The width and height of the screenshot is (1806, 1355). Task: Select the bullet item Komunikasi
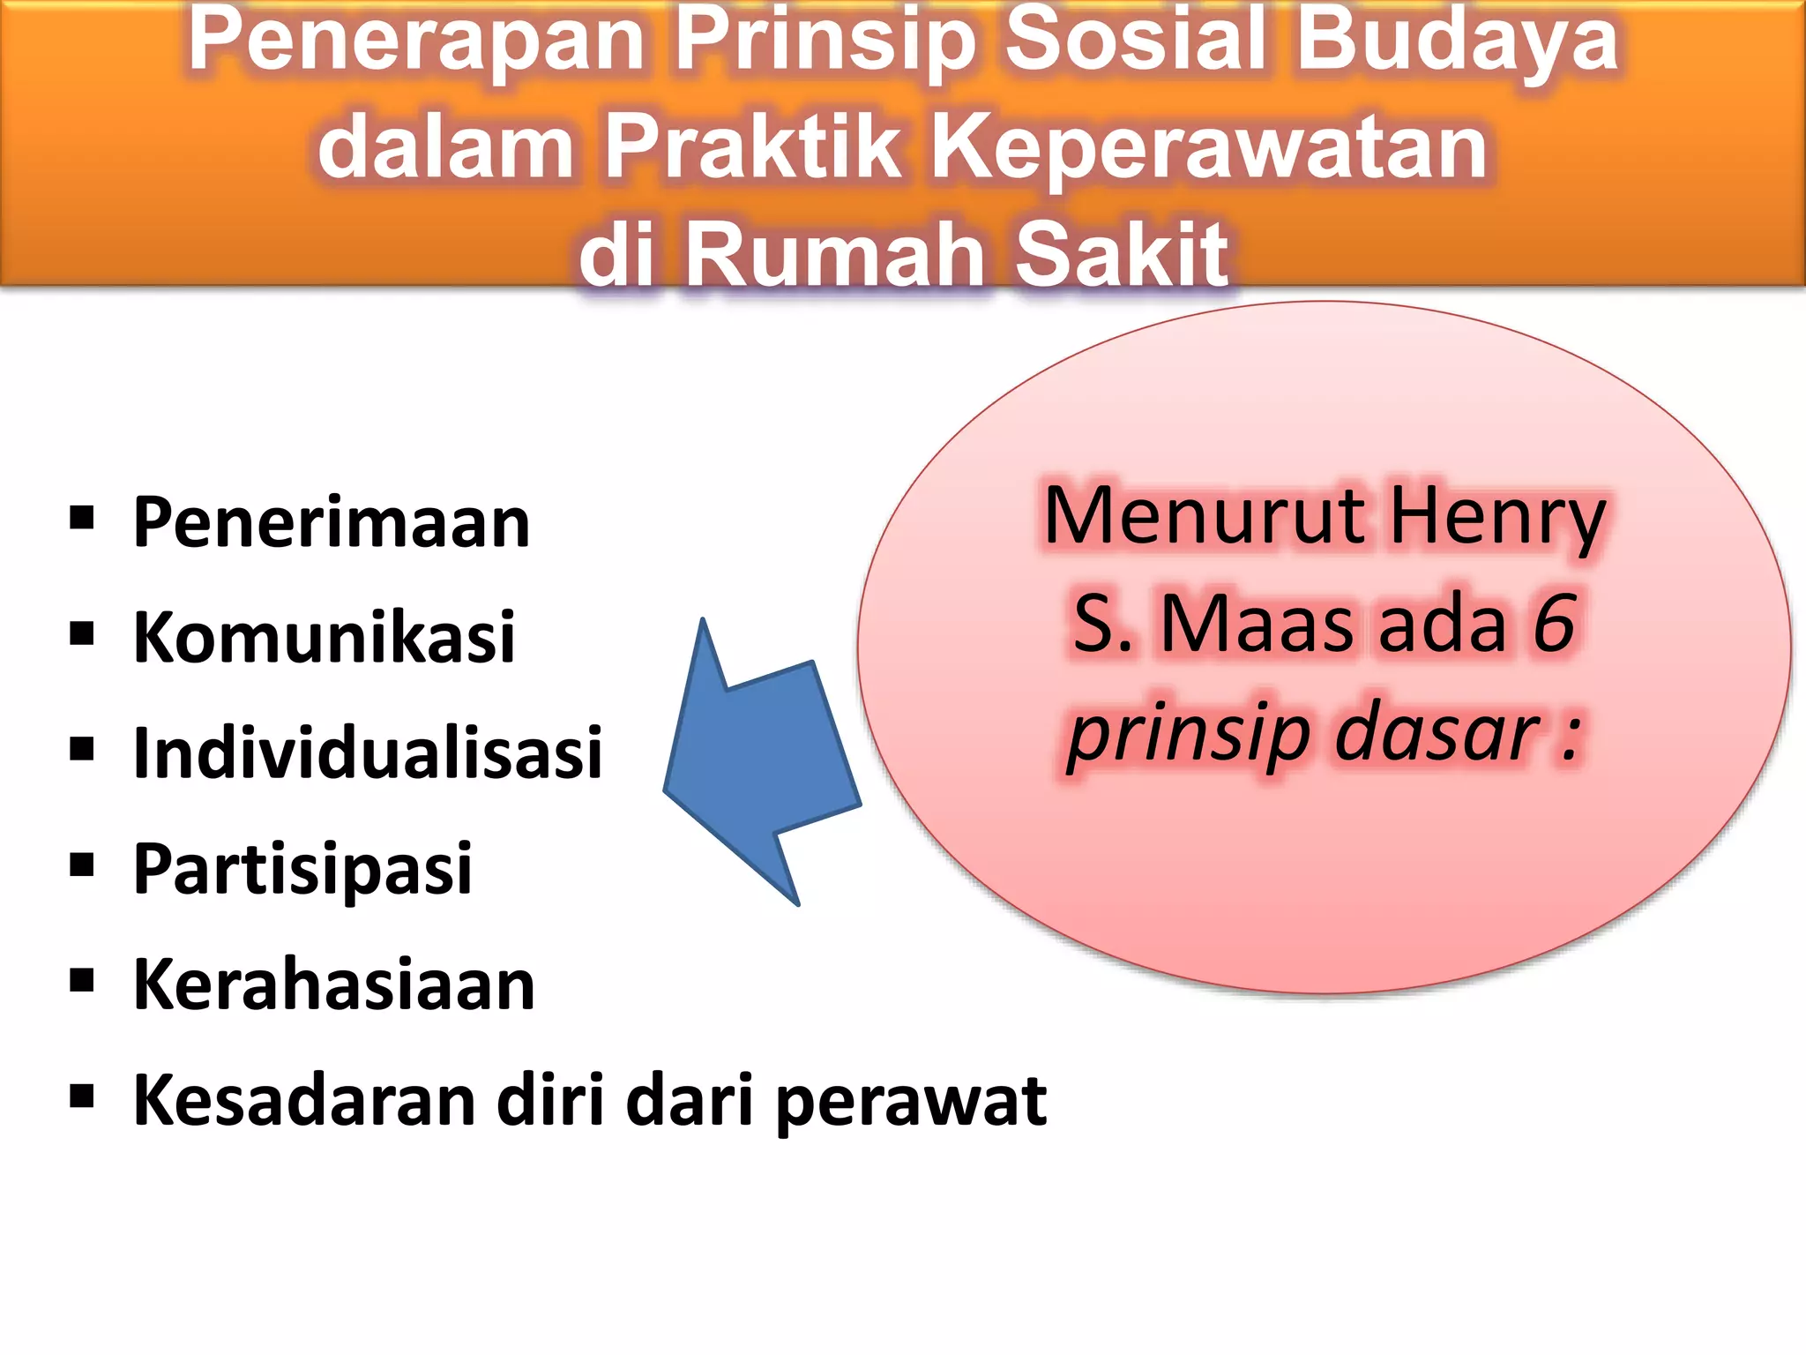click(x=324, y=638)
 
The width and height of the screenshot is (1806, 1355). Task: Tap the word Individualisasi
click(x=367, y=753)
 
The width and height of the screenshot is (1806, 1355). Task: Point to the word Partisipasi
click(x=302, y=869)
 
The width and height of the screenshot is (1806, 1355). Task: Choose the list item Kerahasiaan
click(x=333, y=984)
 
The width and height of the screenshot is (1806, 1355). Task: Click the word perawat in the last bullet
click(x=911, y=1102)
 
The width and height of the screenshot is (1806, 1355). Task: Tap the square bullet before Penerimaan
click(x=82, y=519)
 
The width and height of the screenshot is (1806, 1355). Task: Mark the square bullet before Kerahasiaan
click(x=82, y=980)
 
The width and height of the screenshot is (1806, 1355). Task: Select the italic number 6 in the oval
click(x=1554, y=624)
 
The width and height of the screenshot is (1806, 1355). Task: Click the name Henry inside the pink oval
click(x=1496, y=518)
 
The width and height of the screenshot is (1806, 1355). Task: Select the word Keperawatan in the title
click(x=1210, y=147)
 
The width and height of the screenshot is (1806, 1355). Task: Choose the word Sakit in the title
click(x=1122, y=254)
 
